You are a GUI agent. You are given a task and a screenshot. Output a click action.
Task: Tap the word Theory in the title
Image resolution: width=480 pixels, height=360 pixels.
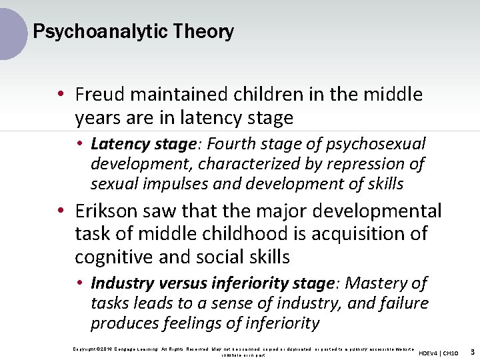coord(211,31)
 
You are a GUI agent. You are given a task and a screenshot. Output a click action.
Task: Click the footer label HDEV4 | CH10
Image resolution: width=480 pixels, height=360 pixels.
coord(438,352)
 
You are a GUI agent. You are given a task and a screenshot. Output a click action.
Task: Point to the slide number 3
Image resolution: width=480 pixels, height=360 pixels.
coord(472,351)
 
